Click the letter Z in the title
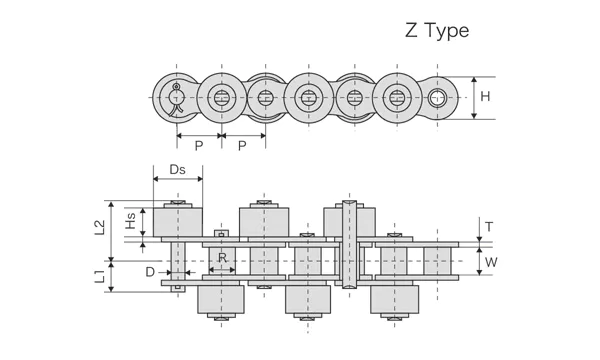pyautogui.click(x=411, y=30)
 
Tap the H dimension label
pyautogui.click(x=485, y=97)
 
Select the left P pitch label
pyautogui.click(x=199, y=146)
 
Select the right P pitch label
pyautogui.click(x=242, y=146)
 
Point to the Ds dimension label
pyautogui.click(x=177, y=171)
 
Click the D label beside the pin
pyautogui.click(x=149, y=271)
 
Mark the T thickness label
pyautogui.click(x=488, y=227)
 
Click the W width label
pyautogui.click(x=491, y=263)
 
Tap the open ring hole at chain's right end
pyautogui.click(x=436, y=98)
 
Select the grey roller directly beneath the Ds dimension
pyautogui.click(x=177, y=222)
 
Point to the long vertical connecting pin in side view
pyautogui.click(x=349, y=246)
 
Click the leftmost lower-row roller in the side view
pyautogui.click(x=222, y=298)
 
